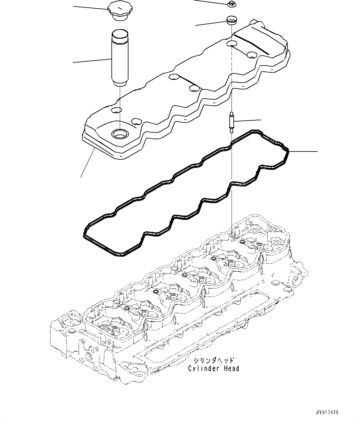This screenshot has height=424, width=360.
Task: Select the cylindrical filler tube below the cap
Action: click(x=119, y=56)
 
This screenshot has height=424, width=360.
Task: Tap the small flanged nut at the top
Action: click(x=231, y=4)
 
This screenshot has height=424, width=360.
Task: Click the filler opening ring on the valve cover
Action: click(x=119, y=134)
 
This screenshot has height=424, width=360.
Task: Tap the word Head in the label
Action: click(x=231, y=369)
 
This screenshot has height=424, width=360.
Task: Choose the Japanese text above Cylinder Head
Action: click(x=214, y=361)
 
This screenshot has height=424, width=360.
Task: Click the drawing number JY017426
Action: click(x=327, y=413)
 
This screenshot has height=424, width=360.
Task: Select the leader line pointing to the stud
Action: click(x=248, y=120)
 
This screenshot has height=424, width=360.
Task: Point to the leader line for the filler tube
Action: click(x=92, y=61)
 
